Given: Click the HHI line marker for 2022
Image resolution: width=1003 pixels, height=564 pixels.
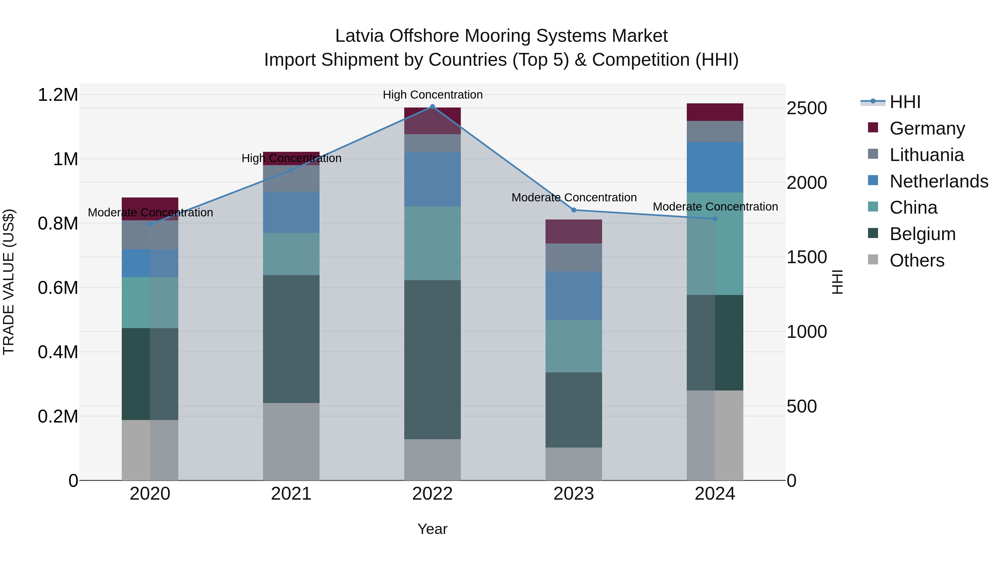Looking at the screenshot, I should (x=432, y=107).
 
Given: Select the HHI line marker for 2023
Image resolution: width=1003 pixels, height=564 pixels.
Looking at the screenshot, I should (x=574, y=210).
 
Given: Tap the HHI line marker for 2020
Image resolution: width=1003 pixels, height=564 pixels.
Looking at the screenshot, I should (x=150, y=224).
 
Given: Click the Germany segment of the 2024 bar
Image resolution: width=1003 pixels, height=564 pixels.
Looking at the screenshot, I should (x=715, y=112).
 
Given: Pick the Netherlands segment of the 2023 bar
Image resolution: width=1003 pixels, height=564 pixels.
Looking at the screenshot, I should (x=574, y=296).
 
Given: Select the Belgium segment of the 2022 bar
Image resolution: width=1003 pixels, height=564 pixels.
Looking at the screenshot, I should (x=432, y=360).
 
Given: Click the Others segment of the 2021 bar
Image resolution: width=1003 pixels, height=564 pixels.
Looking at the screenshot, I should (x=291, y=441).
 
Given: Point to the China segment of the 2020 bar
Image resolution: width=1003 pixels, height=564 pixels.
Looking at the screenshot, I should (x=150, y=302).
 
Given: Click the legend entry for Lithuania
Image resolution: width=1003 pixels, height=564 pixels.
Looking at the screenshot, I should (x=927, y=155).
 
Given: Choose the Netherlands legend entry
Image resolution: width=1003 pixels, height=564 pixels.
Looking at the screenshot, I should (x=939, y=181).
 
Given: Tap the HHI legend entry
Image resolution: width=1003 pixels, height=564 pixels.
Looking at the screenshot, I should (x=905, y=102).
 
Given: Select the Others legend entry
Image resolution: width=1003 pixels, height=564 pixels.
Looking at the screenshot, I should (x=917, y=260).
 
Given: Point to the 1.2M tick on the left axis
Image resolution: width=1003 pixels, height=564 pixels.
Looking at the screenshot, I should (x=58, y=95).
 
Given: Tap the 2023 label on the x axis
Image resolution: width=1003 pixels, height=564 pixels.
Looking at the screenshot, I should (x=574, y=494).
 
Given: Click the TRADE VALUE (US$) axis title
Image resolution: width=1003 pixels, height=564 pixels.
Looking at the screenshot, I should (x=9, y=282).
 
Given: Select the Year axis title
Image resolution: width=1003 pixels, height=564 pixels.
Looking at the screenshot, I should (x=432, y=529).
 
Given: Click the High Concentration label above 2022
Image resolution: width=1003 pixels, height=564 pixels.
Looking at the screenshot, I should (x=432, y=95).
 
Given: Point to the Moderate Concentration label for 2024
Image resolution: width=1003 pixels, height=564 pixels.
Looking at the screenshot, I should (x=715, y=207).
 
